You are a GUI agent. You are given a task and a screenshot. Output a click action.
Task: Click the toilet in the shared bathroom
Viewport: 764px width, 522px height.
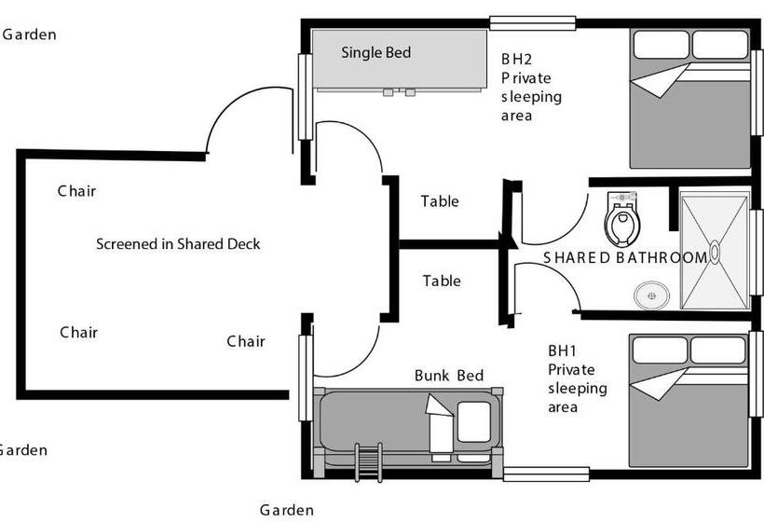coord(621,218)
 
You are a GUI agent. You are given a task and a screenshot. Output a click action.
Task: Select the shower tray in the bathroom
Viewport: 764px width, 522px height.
coord(715,250)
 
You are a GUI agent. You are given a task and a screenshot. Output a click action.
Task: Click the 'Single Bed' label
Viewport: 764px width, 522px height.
coord(375,53)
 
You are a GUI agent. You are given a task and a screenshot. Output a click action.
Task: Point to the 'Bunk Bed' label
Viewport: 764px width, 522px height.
coord(449,376)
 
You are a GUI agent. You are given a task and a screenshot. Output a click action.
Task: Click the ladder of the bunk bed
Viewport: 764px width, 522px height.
coord(368,461)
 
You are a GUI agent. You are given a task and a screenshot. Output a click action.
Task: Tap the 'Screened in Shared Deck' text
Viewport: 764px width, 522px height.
coord(178,244)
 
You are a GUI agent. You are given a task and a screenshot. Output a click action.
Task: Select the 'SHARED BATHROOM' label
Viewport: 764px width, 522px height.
coord(624,258)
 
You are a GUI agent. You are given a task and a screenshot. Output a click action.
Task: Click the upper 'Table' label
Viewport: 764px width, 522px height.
coord(440,201)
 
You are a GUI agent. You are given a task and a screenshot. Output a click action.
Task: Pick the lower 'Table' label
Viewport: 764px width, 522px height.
coord(442,281)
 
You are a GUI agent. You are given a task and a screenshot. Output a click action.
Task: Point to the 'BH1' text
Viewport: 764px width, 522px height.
coord(563,351)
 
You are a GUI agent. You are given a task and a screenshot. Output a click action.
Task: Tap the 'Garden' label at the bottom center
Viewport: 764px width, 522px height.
coord(286,510)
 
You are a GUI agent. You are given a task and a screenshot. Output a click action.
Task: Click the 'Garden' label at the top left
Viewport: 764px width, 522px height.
coord(30,35)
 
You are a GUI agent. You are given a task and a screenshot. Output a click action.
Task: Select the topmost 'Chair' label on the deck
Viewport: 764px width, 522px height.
coord(76,191)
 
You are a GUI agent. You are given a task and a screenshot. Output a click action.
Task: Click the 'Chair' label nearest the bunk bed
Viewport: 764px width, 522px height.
coord(246,341)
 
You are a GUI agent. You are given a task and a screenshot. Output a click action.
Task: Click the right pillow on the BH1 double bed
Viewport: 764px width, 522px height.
coord(718,350)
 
